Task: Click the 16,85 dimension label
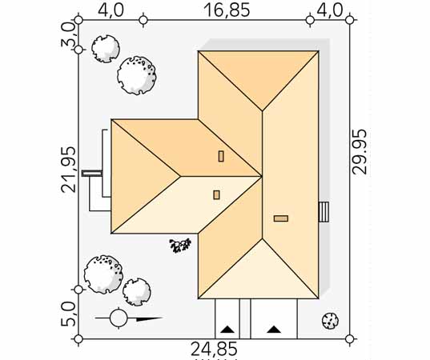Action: pos(227,10)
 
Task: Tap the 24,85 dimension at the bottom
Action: pos(214,349)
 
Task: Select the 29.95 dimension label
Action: pos(360,151)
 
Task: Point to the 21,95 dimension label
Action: pos(68,169)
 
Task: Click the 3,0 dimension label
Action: pos(67,34)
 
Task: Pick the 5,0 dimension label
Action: pos(67,314)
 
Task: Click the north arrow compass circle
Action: pos(119,318)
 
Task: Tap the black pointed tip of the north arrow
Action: pos(163,318)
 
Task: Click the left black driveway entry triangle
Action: pos(227,329)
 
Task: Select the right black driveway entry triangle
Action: pos(274,329)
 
